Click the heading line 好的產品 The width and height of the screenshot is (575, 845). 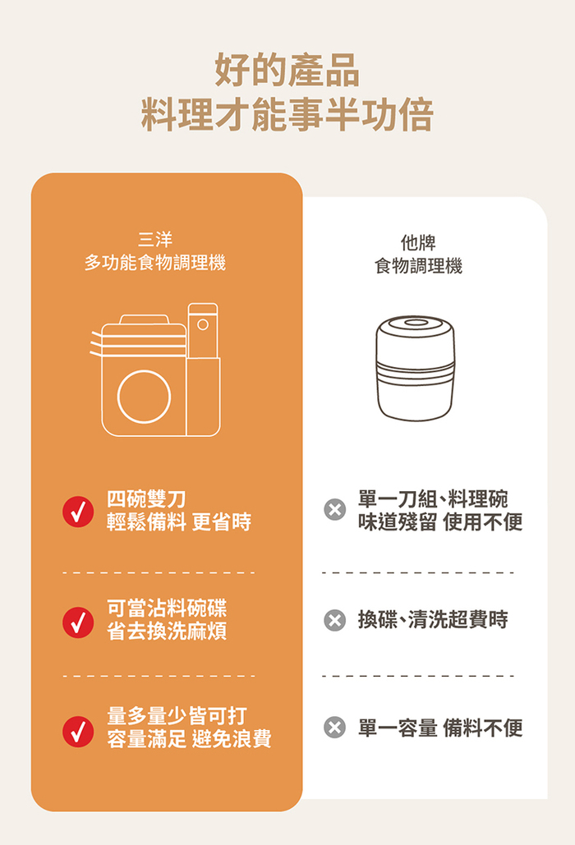point(287,71)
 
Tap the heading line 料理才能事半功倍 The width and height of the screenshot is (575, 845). point(287,115)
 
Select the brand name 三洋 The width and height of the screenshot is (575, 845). point(155,239)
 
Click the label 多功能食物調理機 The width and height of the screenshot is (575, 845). point(155,263)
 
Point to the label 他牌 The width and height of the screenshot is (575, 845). point(418,242)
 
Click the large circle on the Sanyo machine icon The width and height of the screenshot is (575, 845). point(144,397)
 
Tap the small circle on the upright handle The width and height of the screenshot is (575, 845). point(203,324)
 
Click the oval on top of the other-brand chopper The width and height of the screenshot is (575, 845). point(414,323)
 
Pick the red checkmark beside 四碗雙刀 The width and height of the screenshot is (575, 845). point(78,512)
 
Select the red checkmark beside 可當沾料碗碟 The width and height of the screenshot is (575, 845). point(78,622)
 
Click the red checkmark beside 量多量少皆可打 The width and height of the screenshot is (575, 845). point(78,732)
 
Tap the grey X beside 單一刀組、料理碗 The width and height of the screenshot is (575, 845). point(334,509)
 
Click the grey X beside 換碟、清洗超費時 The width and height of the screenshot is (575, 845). point(334,620)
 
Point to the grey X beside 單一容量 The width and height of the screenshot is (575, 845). point(334,728)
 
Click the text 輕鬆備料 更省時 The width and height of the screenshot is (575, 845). point(179,521)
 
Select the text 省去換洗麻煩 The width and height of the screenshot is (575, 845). point(167,631)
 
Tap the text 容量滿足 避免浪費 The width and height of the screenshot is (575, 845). point(189,739)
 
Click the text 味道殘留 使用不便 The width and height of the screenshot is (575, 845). point(440,521)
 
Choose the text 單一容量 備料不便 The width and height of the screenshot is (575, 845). point(440,728)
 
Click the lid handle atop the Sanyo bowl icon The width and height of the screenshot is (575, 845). point(144,319)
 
